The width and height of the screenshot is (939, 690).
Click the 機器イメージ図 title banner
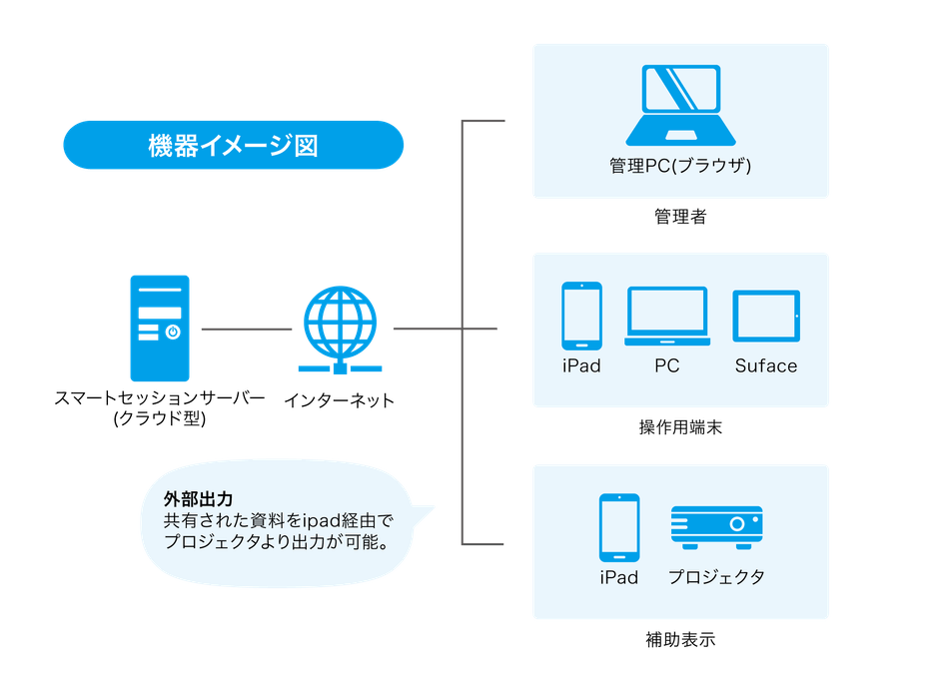coord(233,146)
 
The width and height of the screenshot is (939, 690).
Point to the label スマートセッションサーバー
coord(160,399)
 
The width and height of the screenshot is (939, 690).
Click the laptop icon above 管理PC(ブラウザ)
coord(680,106)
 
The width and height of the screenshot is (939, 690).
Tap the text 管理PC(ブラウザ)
coord(680,166)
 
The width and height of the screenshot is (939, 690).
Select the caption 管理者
coord(680,217)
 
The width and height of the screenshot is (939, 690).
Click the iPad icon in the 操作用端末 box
coord(581,314)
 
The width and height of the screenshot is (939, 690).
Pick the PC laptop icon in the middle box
coord(666,316)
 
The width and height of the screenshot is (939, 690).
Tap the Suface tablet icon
coord(766,318)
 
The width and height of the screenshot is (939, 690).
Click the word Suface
coord(766,365)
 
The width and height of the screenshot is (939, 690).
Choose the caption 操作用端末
coord(680,428)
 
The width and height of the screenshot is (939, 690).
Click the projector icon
coord(716,527)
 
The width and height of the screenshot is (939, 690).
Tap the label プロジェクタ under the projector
coord(716,577)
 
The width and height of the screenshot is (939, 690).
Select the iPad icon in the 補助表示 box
coord(619,527)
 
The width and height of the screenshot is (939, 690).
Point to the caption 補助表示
coord(680,640)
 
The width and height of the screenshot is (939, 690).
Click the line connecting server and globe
coord(246,328)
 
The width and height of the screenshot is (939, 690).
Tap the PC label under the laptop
coord(666,365)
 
